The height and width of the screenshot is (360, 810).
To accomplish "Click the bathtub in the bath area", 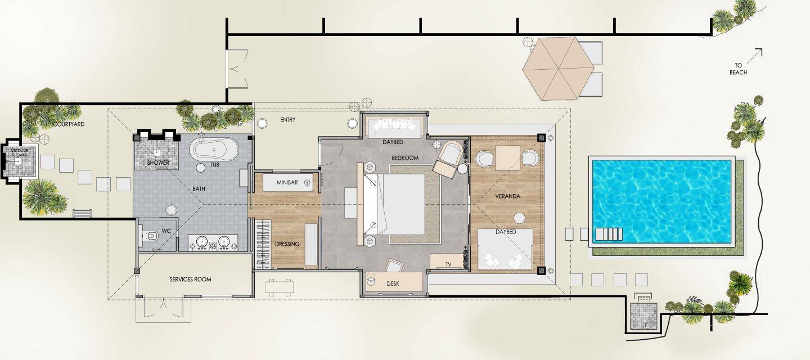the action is pos(214,149).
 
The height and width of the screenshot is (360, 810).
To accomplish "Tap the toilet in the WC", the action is pos(149,236).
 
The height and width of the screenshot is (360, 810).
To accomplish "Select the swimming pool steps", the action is pos(609,234).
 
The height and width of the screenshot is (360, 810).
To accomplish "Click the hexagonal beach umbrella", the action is pos(559,69).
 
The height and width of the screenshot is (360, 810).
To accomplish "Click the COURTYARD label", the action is pos(69,124).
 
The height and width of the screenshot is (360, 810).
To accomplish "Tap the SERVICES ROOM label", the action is pos(190,280).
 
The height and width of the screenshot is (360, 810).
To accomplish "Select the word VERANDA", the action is pos(507,196).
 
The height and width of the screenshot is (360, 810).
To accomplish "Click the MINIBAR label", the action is pos(287,182).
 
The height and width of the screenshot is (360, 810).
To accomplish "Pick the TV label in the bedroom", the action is pos(448,264).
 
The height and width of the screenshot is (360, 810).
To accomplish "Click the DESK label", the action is pos(393,283).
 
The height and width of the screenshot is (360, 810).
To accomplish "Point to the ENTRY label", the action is pos(288,120).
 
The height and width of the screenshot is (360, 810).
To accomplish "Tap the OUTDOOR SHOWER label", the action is pos(20,152).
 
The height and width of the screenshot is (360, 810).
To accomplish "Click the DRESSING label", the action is pos(287,244).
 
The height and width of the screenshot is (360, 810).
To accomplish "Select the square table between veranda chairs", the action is pos(508,158).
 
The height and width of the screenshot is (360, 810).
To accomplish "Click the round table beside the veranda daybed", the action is pos(520,218).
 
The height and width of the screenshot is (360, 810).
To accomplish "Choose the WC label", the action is pos(166,231).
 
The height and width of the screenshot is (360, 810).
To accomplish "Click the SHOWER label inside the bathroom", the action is pos(158,163).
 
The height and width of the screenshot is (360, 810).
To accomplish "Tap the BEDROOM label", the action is pos(405,158).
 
